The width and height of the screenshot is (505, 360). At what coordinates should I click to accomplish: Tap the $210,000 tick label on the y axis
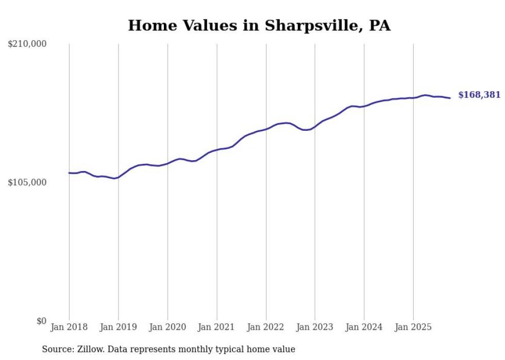[x=27, y=44]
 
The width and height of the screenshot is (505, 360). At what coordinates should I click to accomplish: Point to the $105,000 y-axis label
[x=27, y=182]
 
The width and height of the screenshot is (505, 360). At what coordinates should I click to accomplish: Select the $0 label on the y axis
[x=41, y=321]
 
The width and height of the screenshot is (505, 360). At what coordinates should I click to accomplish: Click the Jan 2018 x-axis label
[x=69, y=327]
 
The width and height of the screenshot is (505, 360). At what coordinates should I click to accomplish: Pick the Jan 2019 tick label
[x=119, y=327]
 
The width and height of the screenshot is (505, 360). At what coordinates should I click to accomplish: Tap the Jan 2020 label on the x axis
[x=167, y=327]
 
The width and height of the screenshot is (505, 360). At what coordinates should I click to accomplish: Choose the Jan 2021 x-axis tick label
[x=216, y=327]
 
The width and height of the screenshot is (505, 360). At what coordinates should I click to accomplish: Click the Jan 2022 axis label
[x=266, y=327]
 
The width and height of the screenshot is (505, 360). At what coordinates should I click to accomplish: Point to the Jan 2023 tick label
[x=315, y=327]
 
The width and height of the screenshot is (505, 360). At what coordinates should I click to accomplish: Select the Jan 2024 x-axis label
[x=364, y=327]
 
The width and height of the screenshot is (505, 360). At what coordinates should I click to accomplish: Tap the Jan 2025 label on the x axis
[x=413, y=327]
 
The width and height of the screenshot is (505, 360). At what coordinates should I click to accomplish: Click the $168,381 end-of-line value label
[x=479, y=95]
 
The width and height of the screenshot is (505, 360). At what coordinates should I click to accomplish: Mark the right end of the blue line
[x=450, y=98]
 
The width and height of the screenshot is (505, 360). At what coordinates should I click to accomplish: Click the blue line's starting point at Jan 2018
[x=69, y=173]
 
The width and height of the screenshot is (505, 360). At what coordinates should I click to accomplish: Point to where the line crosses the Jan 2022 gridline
[x=266, y=129]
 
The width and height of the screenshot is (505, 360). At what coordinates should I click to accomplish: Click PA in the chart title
[x=380, y=26]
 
